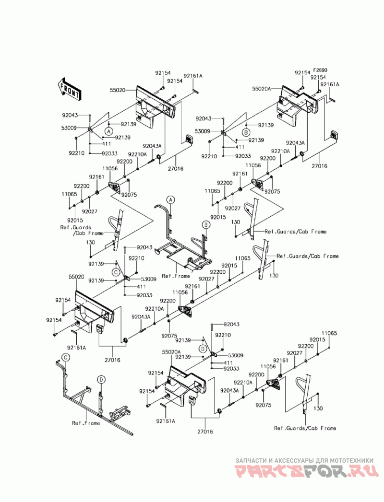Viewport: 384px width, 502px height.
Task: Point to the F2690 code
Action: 320,70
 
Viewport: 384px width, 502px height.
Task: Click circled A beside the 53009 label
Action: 109,130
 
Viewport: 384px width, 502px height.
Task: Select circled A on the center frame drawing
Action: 171,200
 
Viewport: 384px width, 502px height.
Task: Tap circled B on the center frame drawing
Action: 206,225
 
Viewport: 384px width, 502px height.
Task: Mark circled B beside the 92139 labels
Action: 246,132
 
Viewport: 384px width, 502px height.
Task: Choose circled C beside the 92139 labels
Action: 116,272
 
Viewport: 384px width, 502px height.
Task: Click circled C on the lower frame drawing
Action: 65,357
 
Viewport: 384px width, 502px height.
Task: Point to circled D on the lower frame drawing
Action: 101,380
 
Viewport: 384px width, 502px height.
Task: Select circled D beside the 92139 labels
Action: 203,348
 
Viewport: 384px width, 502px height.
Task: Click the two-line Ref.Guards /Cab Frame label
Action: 82,230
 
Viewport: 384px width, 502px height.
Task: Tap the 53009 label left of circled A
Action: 69,128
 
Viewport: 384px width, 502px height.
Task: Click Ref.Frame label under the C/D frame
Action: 86,423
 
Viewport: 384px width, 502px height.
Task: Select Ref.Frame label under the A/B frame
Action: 176,276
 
